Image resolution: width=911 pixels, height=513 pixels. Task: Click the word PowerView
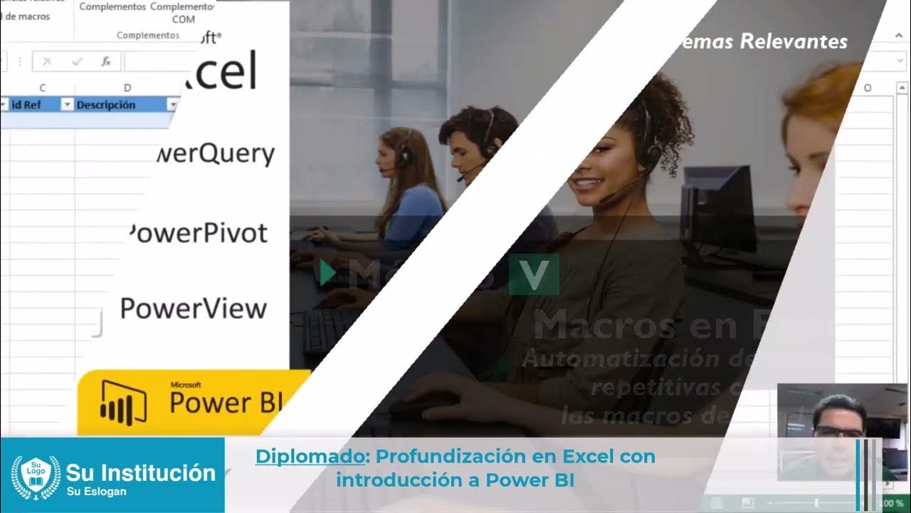pos(193,309)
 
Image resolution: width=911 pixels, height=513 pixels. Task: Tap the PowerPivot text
pos(199,233)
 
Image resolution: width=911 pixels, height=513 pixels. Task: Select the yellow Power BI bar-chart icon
pos(123,403)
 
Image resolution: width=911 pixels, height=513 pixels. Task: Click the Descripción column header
pos(106,105)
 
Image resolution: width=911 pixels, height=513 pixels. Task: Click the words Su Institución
pos(140,472)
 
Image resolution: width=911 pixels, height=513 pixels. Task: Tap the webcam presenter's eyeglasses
pos(838,430)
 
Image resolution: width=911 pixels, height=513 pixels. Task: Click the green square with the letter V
pos(534,274)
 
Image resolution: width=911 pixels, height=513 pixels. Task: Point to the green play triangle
pos(327,273)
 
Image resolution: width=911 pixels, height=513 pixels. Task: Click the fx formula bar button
pos(106,61)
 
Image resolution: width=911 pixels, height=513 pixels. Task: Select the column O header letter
pos(868,88)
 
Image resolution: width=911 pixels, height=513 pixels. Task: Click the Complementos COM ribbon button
pos(183,12)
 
